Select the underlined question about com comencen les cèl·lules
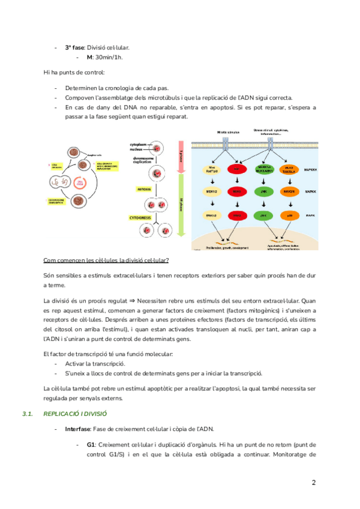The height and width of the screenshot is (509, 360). pyautogui.click(x=106, y=260)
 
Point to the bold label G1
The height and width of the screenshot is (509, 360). pyautogui.click(x=91, y=444)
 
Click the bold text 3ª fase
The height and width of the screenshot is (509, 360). pyautogui.click(x=74, y=47)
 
